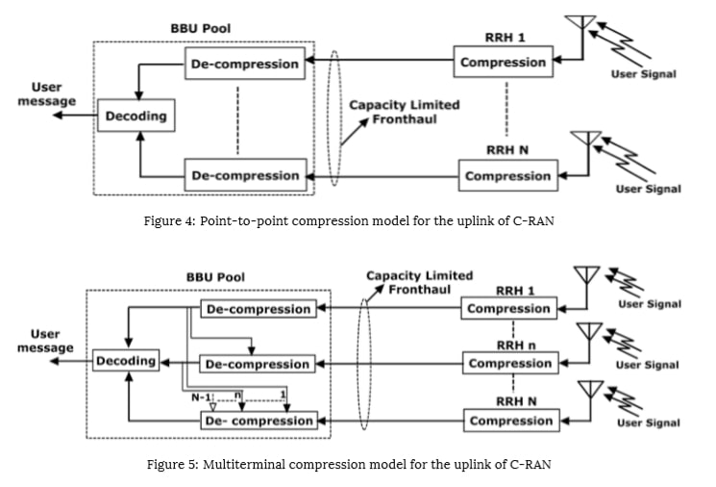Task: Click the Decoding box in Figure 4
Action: (136, 115)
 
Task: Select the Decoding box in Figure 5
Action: (126, 360)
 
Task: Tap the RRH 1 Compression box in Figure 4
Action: (504, 62)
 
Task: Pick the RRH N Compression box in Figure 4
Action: (508, 175)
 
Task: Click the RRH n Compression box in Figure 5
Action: (510, 363)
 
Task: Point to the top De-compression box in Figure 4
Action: (245, 64)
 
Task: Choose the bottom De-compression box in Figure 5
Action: (259, 421)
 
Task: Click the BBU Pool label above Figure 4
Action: (201, 28)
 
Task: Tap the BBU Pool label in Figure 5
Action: (215, 277)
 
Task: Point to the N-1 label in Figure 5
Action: (201, 397)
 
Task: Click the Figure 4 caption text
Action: (349, 220)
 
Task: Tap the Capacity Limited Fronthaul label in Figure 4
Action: (404, 112)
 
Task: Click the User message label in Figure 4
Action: (46, 94)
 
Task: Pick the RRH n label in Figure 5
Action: (516, 346)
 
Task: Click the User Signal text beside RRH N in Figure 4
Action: (648, 189)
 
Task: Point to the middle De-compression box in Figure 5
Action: (258, 364)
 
